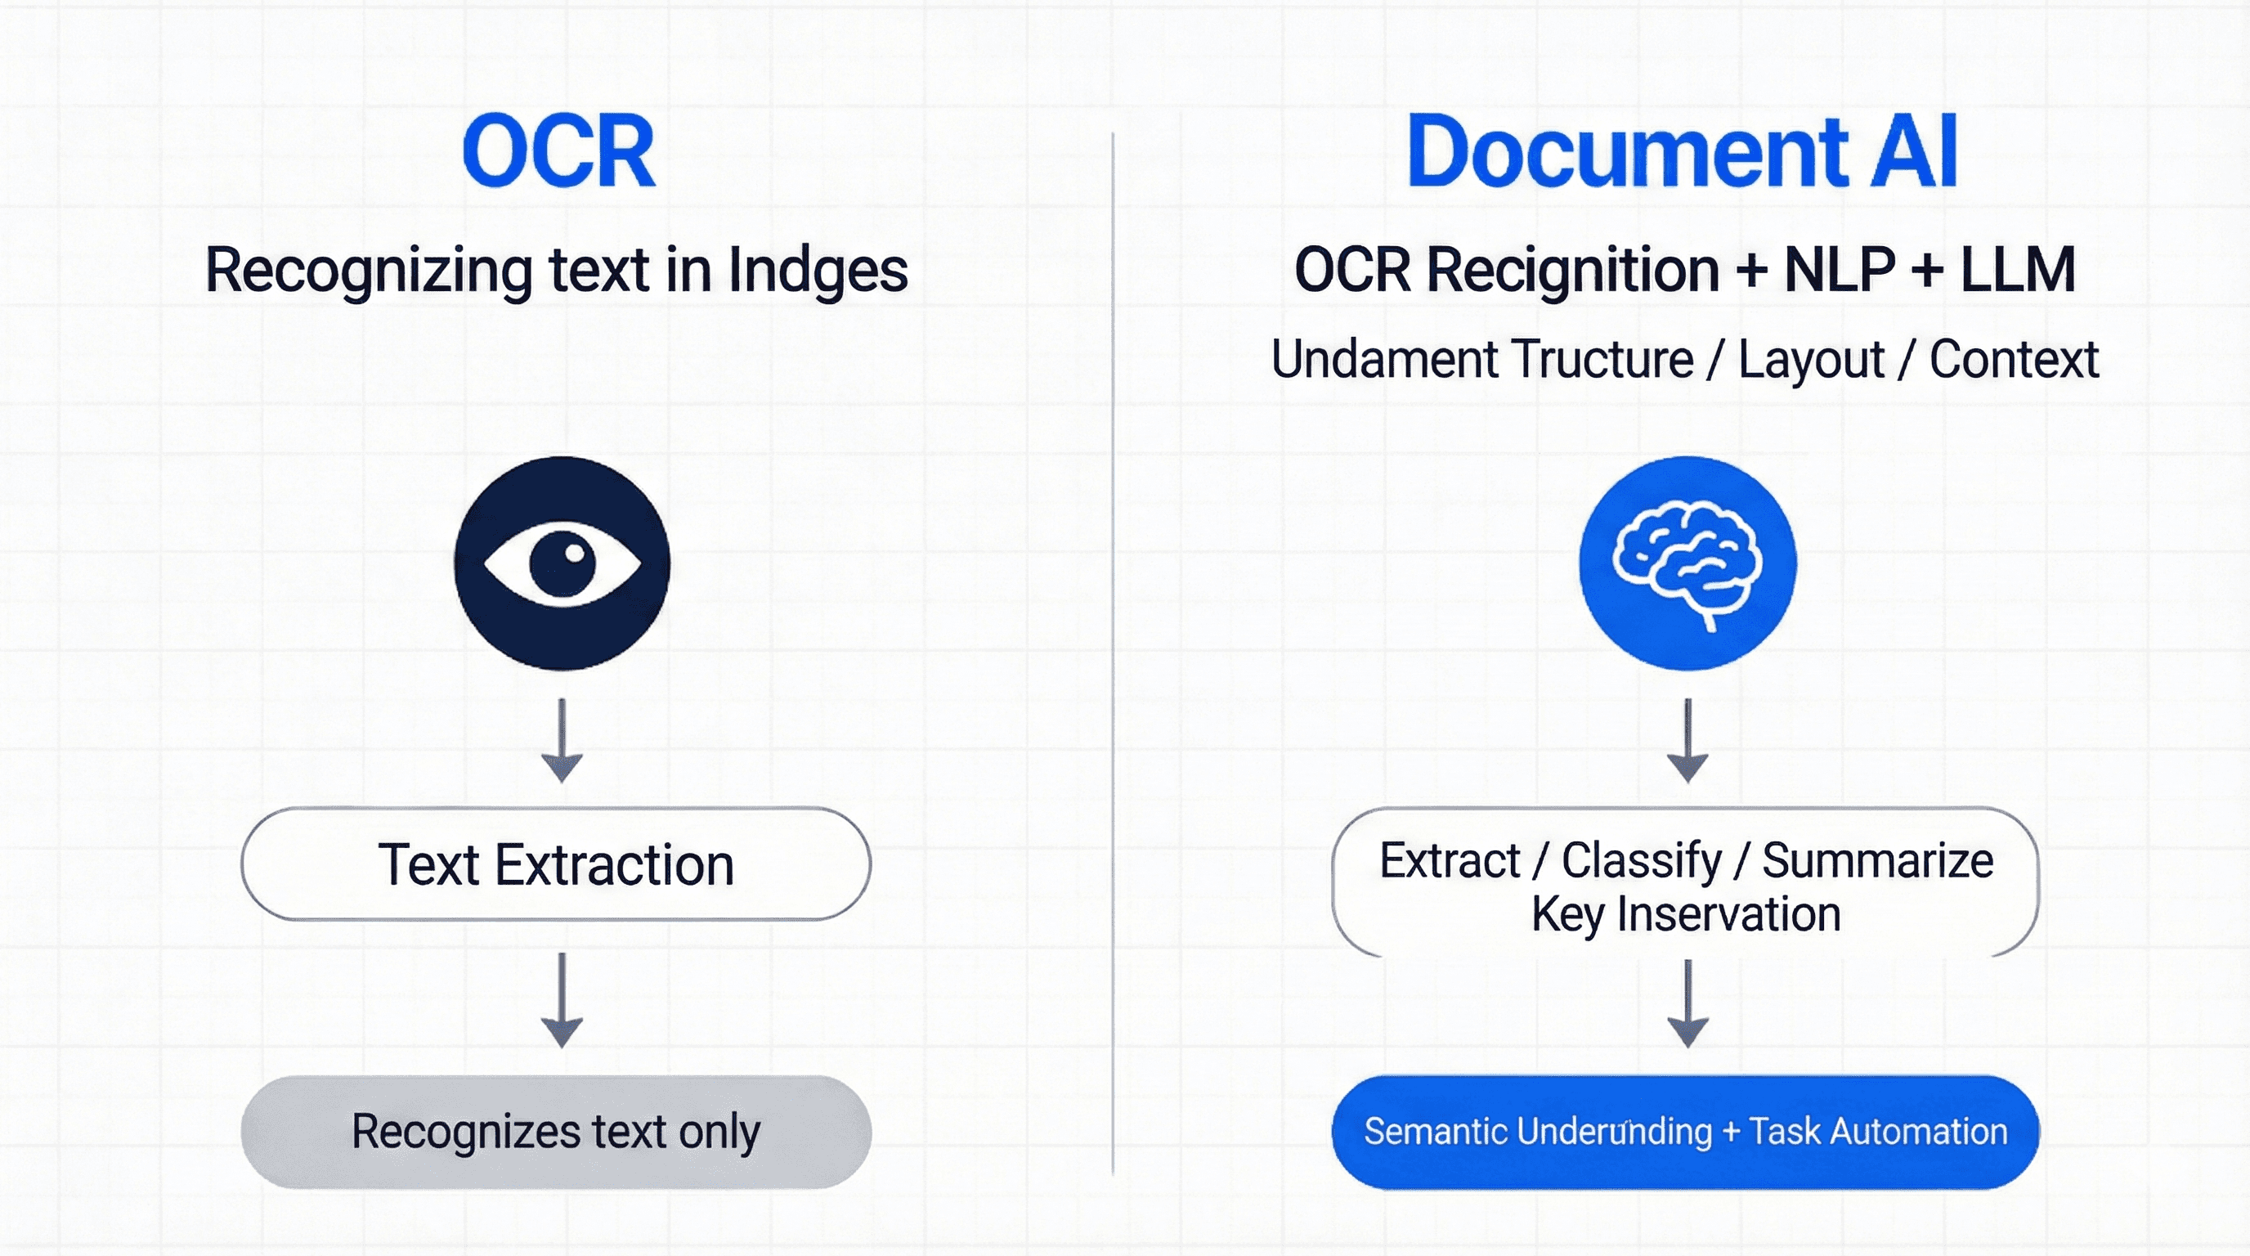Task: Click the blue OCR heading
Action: [559, 152]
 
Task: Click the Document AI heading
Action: [1683, 152]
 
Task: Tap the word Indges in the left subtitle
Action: [818, 271]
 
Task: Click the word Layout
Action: [1811, 360]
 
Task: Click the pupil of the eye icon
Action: [563, 563]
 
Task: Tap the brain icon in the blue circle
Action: [1687, 563]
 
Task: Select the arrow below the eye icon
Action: [562, 741]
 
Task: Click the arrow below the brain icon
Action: [1687, 741]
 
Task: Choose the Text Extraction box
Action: [555, 863]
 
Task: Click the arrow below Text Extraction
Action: [562, 1000]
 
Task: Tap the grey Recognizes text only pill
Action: [555, 1132]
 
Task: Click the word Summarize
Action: [1878, 861]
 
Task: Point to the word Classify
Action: [1641, 861]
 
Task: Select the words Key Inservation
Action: [1686, 914]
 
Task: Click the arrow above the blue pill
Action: [1687, 1004]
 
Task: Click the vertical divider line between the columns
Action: [1113, 655]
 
